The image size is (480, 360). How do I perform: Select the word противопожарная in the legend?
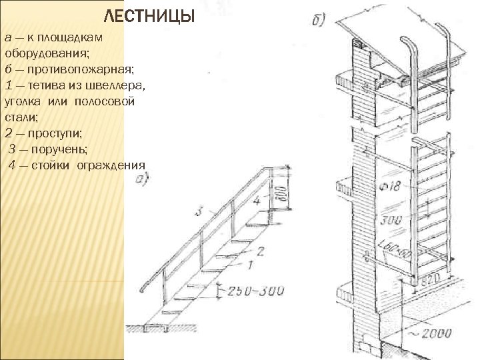click(x=65, y=68)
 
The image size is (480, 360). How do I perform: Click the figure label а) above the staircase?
click(x=142, y=178)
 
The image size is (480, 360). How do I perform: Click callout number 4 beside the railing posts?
click(x=257, y=200)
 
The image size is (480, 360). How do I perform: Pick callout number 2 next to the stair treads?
click(x=260, y=251)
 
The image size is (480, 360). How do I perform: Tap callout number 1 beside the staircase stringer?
click(x=250, y=265)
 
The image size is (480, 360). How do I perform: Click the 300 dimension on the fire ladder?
click(x=393, y=221)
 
